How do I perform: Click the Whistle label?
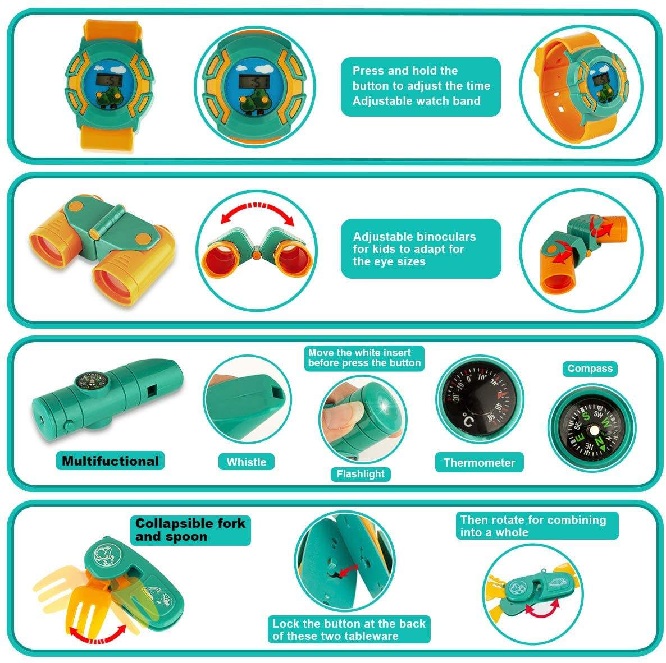tap(247, 462)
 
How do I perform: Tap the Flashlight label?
tap(360, 474)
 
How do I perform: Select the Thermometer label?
tap(479, 462)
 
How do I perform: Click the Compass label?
tap(590, 369)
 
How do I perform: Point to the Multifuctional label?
tap(111, 461)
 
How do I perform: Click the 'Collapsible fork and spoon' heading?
tap(190, 530)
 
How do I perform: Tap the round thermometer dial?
tap(480, 400)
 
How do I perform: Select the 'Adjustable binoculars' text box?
tap(421, 248)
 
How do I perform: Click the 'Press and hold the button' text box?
tap(421, 86)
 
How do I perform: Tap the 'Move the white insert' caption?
tap(364, 358)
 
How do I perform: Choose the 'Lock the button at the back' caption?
tap(349, 629)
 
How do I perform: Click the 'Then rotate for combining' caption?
tap(537, 526)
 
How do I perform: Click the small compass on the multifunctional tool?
tap(89, 380)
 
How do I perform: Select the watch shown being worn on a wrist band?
tap(581, 87)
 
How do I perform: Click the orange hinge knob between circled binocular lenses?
tap(256, 255)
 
